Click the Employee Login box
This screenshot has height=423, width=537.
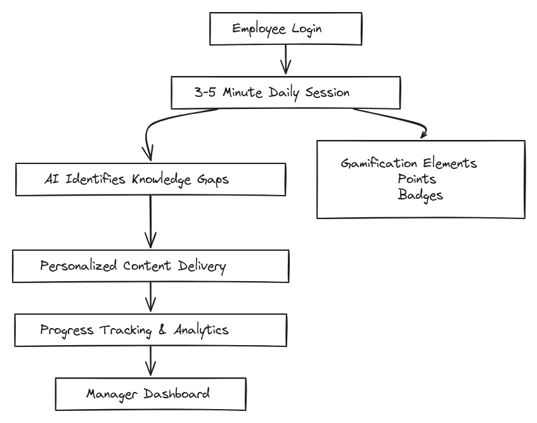click(x=285, y=29)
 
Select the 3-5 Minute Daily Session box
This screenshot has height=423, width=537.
click(x=285, y=92)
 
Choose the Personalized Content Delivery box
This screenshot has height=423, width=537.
click(x=150, y=266)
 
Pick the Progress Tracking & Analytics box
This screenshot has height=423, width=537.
click(x=150, y=330)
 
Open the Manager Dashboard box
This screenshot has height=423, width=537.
click(x=150, y=394)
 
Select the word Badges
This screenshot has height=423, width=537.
click(x=420, y=195)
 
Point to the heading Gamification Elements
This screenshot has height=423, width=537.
click(x=408, y=163)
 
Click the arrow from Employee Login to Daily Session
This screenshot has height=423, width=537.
click(x=285, y=61)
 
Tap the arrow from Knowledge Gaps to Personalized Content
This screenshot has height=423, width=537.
click(x=150, y=222)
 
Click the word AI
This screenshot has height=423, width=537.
click(x=51, y=179)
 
